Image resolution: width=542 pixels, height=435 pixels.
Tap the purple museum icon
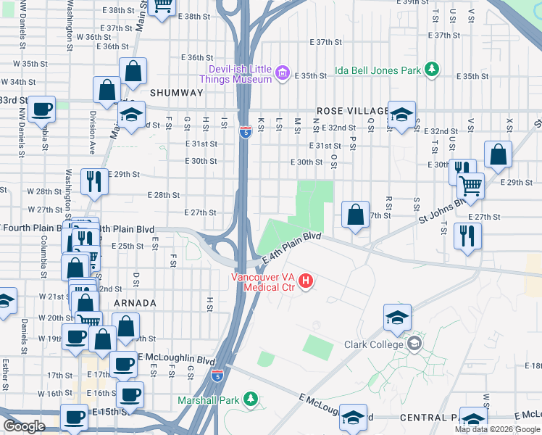[x=282, y=73]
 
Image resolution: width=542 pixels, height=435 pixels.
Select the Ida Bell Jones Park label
[x=378, y=71]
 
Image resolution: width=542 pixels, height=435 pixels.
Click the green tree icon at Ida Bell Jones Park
[x=432, y=70]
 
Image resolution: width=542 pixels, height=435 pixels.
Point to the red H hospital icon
[x=306, y=281]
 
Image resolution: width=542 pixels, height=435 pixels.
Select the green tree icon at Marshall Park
[x=250, y=399]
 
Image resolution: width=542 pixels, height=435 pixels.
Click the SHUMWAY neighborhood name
[x=170, y=93]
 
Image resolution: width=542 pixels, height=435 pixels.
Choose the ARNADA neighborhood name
[x=135, y=302]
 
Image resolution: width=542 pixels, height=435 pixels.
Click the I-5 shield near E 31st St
[x=245, y=131]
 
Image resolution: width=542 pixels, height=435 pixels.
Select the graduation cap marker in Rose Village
[x=401, y=114]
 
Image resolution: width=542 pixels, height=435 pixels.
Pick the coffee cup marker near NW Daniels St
[x=42, y=109]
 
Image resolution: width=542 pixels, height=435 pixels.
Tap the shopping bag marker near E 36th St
[x=133, y=71]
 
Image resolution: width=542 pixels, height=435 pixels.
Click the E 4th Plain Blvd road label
[x=292, y=246]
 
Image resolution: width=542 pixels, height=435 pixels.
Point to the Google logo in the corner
[x=24, y=426]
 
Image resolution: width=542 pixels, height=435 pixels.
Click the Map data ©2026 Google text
[x=496, y=429]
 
